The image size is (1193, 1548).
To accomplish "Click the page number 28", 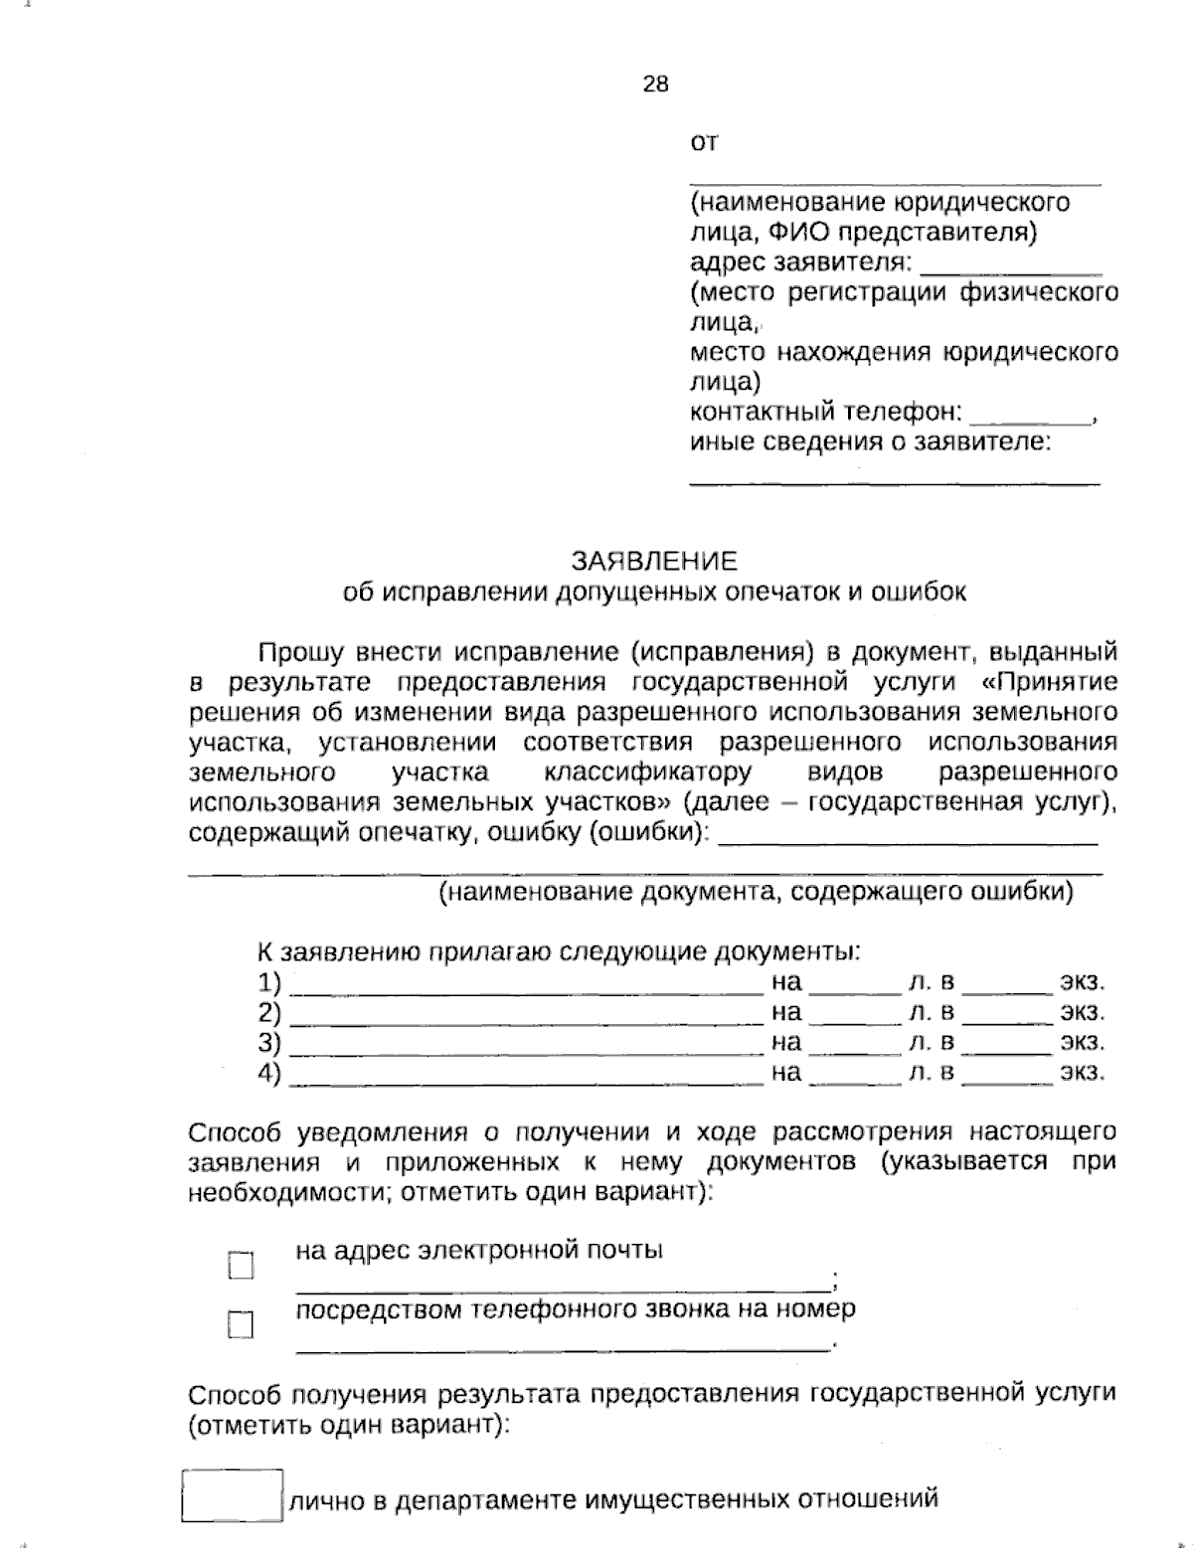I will click(x=655, y=84).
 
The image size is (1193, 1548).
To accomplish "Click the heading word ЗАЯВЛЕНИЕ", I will click(x=653, y=561).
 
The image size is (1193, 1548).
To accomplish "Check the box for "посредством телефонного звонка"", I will click(x=241, y=1324).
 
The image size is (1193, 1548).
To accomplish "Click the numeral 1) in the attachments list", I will click(x=268, y=983).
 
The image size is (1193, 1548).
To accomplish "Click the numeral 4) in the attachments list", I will click(x=268, y=1073).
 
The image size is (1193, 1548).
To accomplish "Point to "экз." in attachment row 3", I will click(x=1082, y=1043).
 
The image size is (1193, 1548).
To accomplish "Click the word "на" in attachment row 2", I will click(x=785, y=1013).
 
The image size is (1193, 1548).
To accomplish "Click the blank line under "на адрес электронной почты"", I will click(x=562, y=1283).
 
